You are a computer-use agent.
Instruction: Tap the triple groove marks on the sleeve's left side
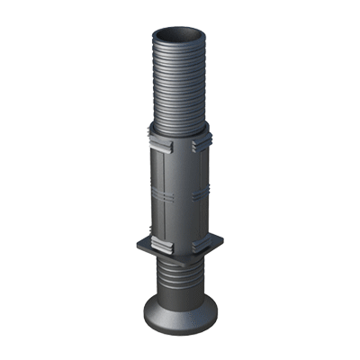pos(151,189)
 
